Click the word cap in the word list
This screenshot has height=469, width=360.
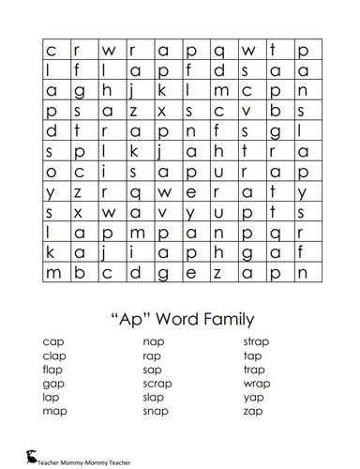click(x=53, y=343)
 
